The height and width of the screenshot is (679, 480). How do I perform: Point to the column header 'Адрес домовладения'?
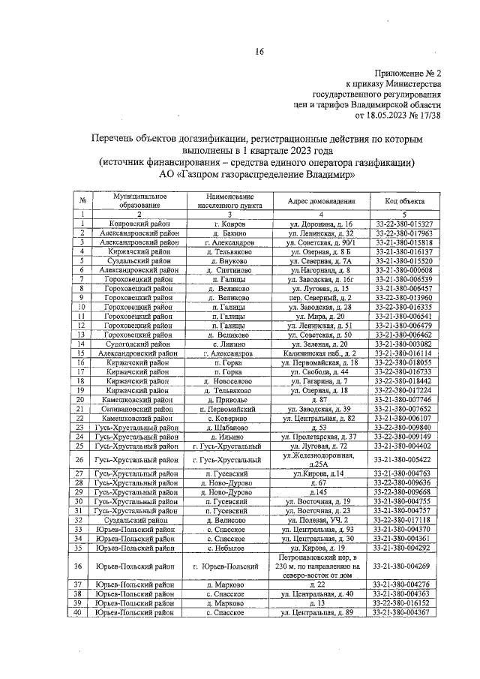pos(320,201)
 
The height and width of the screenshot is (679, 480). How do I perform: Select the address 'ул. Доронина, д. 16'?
pos(320,224)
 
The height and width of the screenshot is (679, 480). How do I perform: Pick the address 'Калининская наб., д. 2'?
pos(320,352)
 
